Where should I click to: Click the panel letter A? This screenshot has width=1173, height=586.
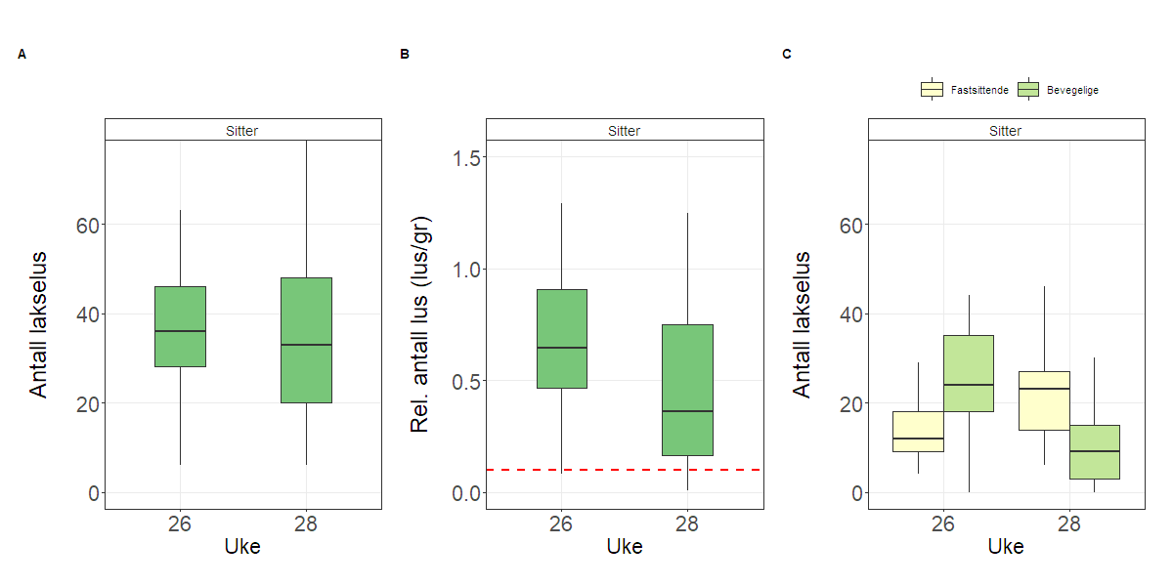coord(22,55)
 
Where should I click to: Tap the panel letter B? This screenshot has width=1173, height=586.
coord(404,55)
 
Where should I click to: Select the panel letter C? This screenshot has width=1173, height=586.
coord(786,55)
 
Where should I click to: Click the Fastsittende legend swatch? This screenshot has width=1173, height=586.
coord(932,90)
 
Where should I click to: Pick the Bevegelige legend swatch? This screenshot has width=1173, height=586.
coord(1028,90)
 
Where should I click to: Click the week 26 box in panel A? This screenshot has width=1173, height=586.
coord(180,326)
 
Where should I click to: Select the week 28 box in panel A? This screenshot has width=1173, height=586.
coord(306,340)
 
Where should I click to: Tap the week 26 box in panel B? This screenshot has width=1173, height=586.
coord(561,338)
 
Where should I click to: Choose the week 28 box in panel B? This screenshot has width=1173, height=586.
coord(687,390)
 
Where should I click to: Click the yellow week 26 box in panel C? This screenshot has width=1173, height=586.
coord(918,431)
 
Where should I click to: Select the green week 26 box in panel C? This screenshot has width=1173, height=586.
coord(968,373)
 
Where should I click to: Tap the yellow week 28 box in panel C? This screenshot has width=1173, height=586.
coord(1044,400)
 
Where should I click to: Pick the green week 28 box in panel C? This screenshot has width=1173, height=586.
coord(1094,451)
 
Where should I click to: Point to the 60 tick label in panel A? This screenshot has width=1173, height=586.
coord(88,225)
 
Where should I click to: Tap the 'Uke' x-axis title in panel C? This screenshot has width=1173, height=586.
coord(1006,547)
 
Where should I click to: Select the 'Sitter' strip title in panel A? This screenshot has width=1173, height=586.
coord(242,130)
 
